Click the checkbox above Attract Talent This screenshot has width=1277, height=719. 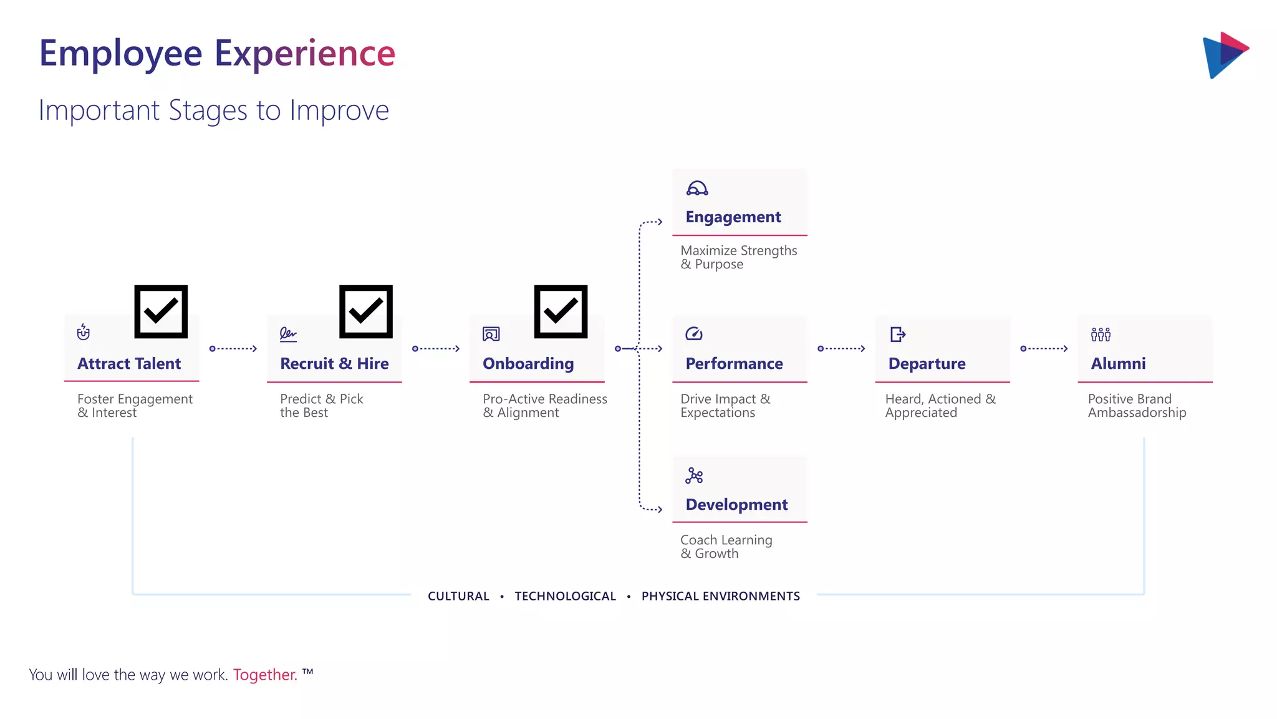(161, 311)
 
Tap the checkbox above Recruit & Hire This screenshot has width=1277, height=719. (365, 311)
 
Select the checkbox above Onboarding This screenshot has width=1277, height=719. (561, 311)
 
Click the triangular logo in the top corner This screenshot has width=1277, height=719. (1225, 55)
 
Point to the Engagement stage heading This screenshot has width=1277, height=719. (733, 217)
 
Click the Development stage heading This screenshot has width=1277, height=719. (736, 504)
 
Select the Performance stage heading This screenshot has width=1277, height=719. (734, 364)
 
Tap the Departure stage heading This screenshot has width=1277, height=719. (927, 364)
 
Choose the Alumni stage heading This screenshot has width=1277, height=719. (1118, 364)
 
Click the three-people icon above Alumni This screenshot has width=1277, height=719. (1101, 335)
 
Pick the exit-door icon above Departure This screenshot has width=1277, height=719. (898, 335)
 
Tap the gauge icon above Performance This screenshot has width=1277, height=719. (694, 334)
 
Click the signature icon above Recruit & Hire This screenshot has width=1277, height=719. (288, 335)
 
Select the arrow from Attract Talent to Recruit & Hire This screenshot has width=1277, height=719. (234, 349)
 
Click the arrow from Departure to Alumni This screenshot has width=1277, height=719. (1044, 349)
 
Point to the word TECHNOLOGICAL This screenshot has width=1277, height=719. (565, 596)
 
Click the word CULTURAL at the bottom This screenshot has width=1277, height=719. (458, 596)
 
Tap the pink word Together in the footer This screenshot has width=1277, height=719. (265, 675)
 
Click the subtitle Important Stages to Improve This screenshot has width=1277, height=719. (214, 110)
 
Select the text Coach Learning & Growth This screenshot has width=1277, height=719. (726, 547)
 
